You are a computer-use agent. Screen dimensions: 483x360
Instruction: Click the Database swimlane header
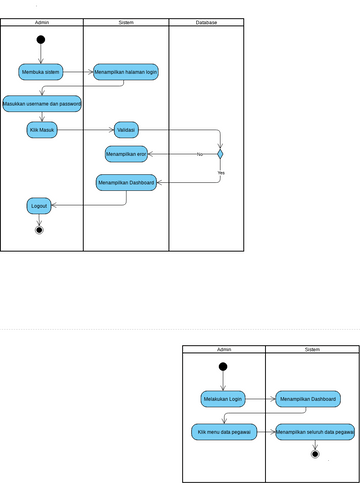(205, 22)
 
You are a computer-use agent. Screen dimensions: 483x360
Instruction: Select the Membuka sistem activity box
(41, 72)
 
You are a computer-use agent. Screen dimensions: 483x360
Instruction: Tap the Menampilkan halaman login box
(125, 72)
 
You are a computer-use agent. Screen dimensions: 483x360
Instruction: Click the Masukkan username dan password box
(42, 103)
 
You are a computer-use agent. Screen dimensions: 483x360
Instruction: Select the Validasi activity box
(126, 129)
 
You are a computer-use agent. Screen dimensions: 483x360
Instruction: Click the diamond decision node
(220, 154)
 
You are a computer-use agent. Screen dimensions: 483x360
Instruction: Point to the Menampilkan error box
(126, 154)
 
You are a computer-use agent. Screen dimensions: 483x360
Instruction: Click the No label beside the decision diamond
(199, 154)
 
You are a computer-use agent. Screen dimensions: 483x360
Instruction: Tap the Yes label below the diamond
(220, 173)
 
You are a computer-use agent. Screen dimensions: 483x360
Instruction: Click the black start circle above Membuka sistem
(41, 40)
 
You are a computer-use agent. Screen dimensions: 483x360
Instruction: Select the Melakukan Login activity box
(223, 398)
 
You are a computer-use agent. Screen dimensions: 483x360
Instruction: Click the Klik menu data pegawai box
(223, 432)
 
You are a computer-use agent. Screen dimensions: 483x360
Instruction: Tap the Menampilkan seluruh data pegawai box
(315, 432)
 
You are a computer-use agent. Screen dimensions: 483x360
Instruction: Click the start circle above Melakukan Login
(223, 366)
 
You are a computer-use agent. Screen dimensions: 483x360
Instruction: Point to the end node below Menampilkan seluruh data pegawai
(315, 455)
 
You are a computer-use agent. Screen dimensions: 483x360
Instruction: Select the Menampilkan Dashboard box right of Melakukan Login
(308, 398)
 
